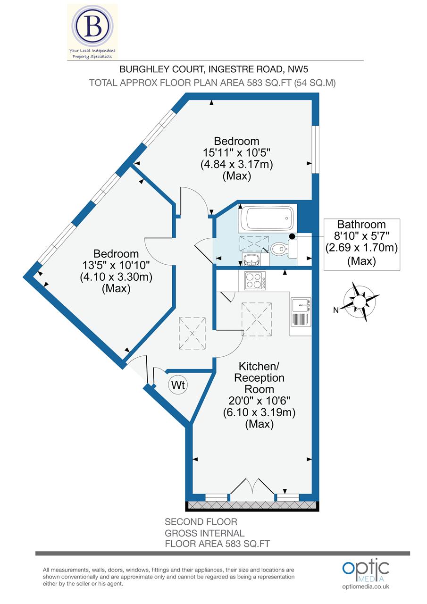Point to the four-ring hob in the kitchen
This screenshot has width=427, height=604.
(x=255, y=281)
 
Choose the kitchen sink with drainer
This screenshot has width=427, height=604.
(x=301, y=312)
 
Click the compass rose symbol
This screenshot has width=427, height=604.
(x=361, y=301)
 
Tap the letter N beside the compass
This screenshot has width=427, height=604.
(x=336, y=310)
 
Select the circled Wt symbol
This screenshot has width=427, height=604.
(x=178, y=385)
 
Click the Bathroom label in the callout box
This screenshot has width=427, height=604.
(x=361, y=225)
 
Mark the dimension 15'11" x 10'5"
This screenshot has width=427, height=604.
(x=236, y=153)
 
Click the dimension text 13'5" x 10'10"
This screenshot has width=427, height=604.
(x=116, y=266)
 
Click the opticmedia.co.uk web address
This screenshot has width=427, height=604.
(x=366, y=587)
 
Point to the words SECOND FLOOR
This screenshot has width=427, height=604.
(x=201, y=522)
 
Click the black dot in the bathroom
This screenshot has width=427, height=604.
(x=292, y=236)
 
